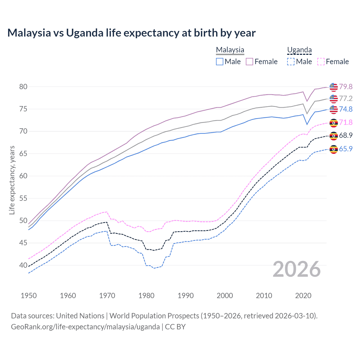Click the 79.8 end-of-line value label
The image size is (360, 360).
[346, 87]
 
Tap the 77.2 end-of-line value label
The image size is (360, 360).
[346, 98]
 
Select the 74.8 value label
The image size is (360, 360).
[346, 109]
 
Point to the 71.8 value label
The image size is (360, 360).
[346, 122]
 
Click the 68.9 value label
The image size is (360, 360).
[346, 135]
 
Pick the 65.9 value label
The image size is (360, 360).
[346, 149]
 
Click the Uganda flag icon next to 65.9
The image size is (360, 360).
[334, 149]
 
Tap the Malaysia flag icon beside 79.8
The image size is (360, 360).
[334, 87]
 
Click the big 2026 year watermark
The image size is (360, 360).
[297, 269]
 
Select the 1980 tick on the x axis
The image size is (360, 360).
[147, 296]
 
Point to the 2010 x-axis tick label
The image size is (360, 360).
[264, 296]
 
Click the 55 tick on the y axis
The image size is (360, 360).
[23, 198]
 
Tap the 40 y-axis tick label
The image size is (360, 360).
[23, 265]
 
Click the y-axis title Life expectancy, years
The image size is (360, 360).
[12, 180]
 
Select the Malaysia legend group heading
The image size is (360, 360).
[230, 50]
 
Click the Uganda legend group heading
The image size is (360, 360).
[299, 50]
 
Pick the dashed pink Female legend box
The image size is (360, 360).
[321, 62]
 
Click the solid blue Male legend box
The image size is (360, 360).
[220, 62]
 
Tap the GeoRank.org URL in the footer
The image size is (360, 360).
[85, 327]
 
